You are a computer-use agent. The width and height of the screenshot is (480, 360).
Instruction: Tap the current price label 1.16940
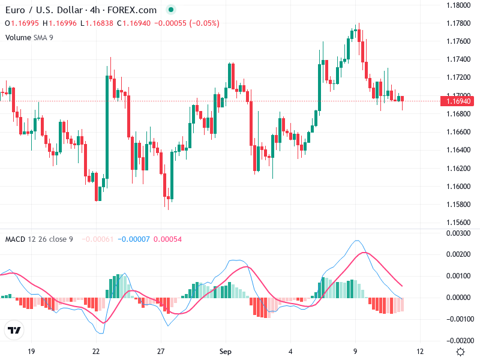tap(459, 101)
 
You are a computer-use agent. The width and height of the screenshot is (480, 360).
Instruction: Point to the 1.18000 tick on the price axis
tap(458, 5)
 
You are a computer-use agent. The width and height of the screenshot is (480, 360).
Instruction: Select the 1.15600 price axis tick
tap(458, 223)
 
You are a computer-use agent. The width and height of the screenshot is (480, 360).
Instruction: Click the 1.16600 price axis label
tap(458, 132)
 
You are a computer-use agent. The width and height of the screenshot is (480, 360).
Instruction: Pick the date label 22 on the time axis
tap(96, 352)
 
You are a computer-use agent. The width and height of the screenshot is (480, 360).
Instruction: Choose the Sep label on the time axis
tap(226, 352)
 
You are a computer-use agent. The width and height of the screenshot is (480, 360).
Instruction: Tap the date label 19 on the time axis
tap(32, 352)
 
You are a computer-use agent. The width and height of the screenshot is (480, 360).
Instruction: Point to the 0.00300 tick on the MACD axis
tap(460, 233)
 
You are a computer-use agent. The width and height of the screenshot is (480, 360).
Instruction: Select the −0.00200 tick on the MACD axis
tap(458, 340)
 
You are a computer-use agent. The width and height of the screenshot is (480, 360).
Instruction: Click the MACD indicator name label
tap(15, 239)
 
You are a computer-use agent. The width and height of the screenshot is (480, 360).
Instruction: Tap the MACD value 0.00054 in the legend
tap(167, 239)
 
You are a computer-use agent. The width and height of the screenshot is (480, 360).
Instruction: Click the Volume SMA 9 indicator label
tap(29, 37)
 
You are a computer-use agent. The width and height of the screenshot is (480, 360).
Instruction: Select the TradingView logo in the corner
tap(14, 331)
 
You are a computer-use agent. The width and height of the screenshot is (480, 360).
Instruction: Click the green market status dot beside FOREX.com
tap(172, 10)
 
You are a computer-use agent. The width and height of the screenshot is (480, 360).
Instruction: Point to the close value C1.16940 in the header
tap(134, 23)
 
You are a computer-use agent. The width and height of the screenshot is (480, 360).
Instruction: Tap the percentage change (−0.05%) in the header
tap(204, 23)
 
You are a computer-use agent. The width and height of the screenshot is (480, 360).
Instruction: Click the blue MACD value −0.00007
tap(133, 239)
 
